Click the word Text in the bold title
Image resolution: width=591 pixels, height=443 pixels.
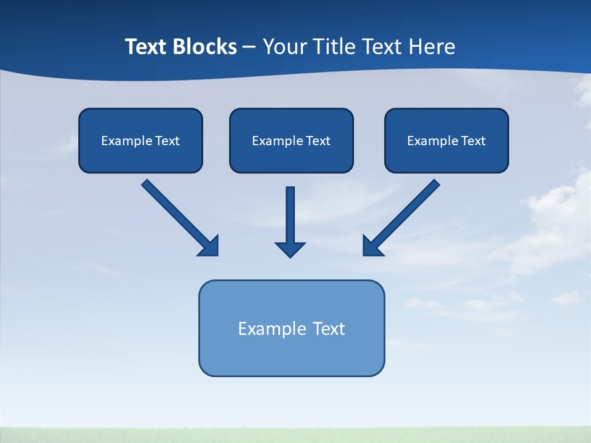(147, 47)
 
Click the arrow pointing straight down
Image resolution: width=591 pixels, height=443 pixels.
(290, 215)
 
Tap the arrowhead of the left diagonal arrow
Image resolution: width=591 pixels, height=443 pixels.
(209, 246)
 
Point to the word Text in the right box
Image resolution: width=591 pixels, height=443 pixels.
(473, 141)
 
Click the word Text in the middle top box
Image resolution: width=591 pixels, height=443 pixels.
(318, 141)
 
